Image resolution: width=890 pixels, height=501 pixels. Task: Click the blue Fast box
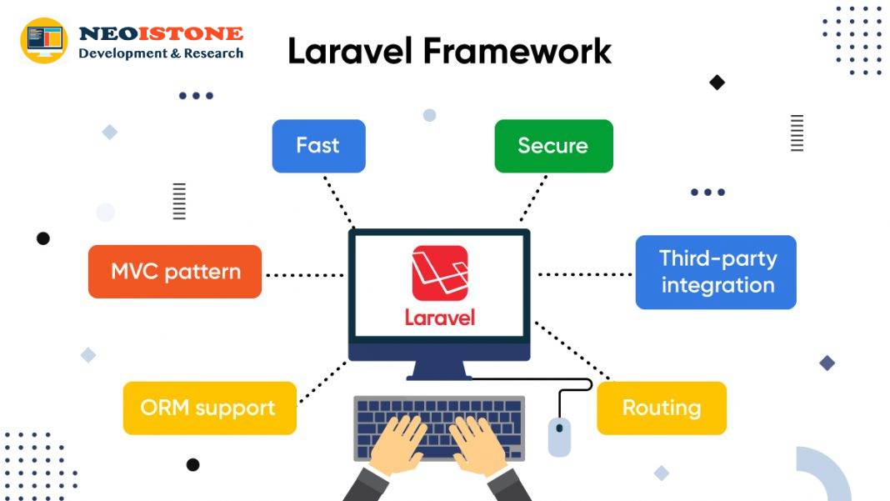(x=318, y=146)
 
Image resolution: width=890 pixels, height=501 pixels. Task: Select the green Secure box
(x=553, y=146)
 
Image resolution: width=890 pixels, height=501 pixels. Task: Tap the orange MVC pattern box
(x=175, y=272)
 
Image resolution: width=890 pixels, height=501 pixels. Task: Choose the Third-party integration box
(x=716, y=272)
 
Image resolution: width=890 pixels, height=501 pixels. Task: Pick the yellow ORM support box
(x=209, y=408)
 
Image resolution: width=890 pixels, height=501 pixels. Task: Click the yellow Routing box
(x=662, y=408)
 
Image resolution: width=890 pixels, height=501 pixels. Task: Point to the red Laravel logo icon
(x=440, y=273)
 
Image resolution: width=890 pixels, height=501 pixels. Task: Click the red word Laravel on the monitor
(x=440, y=317)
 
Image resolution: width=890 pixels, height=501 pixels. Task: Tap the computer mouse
(x=559, y=437)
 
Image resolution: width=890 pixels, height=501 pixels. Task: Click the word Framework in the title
(x=517, y=51)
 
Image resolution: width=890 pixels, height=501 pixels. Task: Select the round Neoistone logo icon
(x=43, y=40)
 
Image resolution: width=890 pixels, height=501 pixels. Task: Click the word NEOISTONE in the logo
(x=161, y=33)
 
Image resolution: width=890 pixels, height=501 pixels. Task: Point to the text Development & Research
(x=161, y=53)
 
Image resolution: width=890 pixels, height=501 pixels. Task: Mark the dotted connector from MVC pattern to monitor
(x=305, y=275)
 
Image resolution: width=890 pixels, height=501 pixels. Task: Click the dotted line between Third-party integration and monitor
(x=585, y=274)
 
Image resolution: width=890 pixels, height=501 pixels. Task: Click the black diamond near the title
(x=717, y=83)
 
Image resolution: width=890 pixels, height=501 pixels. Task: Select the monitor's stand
(x=439, y=370)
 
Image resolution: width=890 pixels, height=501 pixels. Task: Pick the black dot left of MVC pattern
(x=43, y=238)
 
